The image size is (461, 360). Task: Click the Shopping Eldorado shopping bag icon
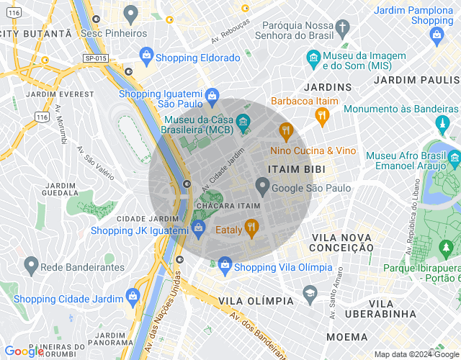pyautogui.click(x=146, y=55)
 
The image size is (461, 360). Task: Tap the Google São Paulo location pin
pyautogui.click(x=263, y=187)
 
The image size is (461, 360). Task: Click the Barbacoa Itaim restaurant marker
pyautogui.click(x=322, y=114)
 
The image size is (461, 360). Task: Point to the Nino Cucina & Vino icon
pyautogui.click(x=286, y=131)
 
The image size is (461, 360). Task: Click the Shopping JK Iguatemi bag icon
pyautogui.click(x=200, y=230)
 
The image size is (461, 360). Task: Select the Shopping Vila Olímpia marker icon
pyautogui.click(x=225, y=265)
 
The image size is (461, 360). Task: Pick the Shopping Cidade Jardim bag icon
pyautogui.click(x=133, y=296)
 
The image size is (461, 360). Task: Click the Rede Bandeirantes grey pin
pyautogui.click(x=30, y=265)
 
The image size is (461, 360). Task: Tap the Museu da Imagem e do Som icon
pyautogui.click(x=313, y=57)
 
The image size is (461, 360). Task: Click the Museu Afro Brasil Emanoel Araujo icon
pyautogui.click(x=453, y=156)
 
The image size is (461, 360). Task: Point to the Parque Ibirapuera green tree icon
pyautogui.click(x=447, y=249)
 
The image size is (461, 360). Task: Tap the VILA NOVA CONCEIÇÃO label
pyautogui.click(x=341, y=242)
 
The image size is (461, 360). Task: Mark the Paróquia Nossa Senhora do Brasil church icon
pyautogui.click(x=342, y=27)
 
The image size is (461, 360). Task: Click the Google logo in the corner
pyautogui.click(x=24, y=351)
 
